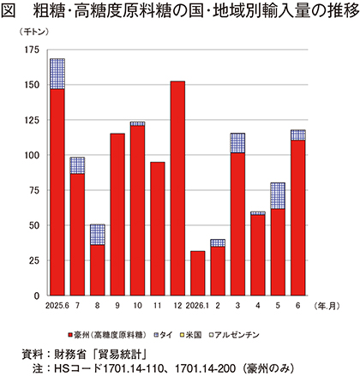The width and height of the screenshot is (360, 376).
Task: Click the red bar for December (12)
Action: tap(177, 188)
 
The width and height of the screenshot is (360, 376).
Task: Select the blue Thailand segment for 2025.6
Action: tap(57, 74)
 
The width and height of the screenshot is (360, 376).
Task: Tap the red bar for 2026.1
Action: tap(197, 273)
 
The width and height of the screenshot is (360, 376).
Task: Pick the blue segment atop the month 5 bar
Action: tap(278, 196)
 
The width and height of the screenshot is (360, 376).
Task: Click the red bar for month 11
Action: tap(158, 229)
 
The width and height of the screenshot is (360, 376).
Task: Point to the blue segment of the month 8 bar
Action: tap(98, 235)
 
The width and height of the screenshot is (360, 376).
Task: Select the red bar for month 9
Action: tap(117, 214)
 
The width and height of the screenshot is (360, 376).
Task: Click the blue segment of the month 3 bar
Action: tap(237, 143)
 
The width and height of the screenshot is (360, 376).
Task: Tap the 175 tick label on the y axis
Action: tap(32, 50)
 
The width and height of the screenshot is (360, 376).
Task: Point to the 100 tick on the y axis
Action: tap(32, 155)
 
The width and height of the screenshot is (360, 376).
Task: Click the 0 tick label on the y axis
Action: tap(37, 295)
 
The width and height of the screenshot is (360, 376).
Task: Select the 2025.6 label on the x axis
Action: tap(57, 306)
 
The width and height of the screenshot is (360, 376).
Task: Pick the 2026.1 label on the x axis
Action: tap(197, 306)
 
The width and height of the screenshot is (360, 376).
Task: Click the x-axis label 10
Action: tap(137, 306)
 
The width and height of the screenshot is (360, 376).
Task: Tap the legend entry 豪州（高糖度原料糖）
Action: tap(107, 335)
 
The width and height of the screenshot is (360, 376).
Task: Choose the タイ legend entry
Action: tap(164, 335)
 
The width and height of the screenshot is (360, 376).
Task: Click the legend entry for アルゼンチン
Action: tap(234, 335)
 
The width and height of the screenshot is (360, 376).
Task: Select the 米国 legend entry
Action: tap(190, 335)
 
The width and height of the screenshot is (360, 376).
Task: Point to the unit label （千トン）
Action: tap(33, 33)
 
